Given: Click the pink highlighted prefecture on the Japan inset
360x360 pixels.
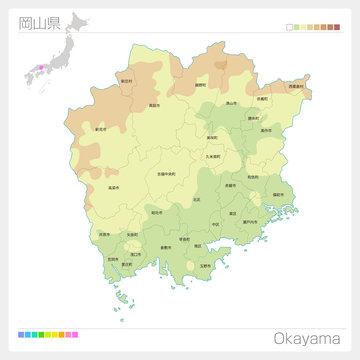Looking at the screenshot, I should (41, 67).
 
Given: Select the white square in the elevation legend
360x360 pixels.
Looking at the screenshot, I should (290, 29).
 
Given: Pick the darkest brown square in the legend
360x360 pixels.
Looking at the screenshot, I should (337, 29).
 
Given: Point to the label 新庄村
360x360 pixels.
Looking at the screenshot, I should (126, 79).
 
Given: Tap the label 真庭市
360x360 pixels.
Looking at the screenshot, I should (153, 104).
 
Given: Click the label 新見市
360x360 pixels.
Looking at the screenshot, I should (100, 128).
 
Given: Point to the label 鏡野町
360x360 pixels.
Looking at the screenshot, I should (201, 86).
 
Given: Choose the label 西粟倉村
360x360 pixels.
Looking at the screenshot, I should (296, 87).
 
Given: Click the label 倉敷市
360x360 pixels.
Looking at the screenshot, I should (164, 246).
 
